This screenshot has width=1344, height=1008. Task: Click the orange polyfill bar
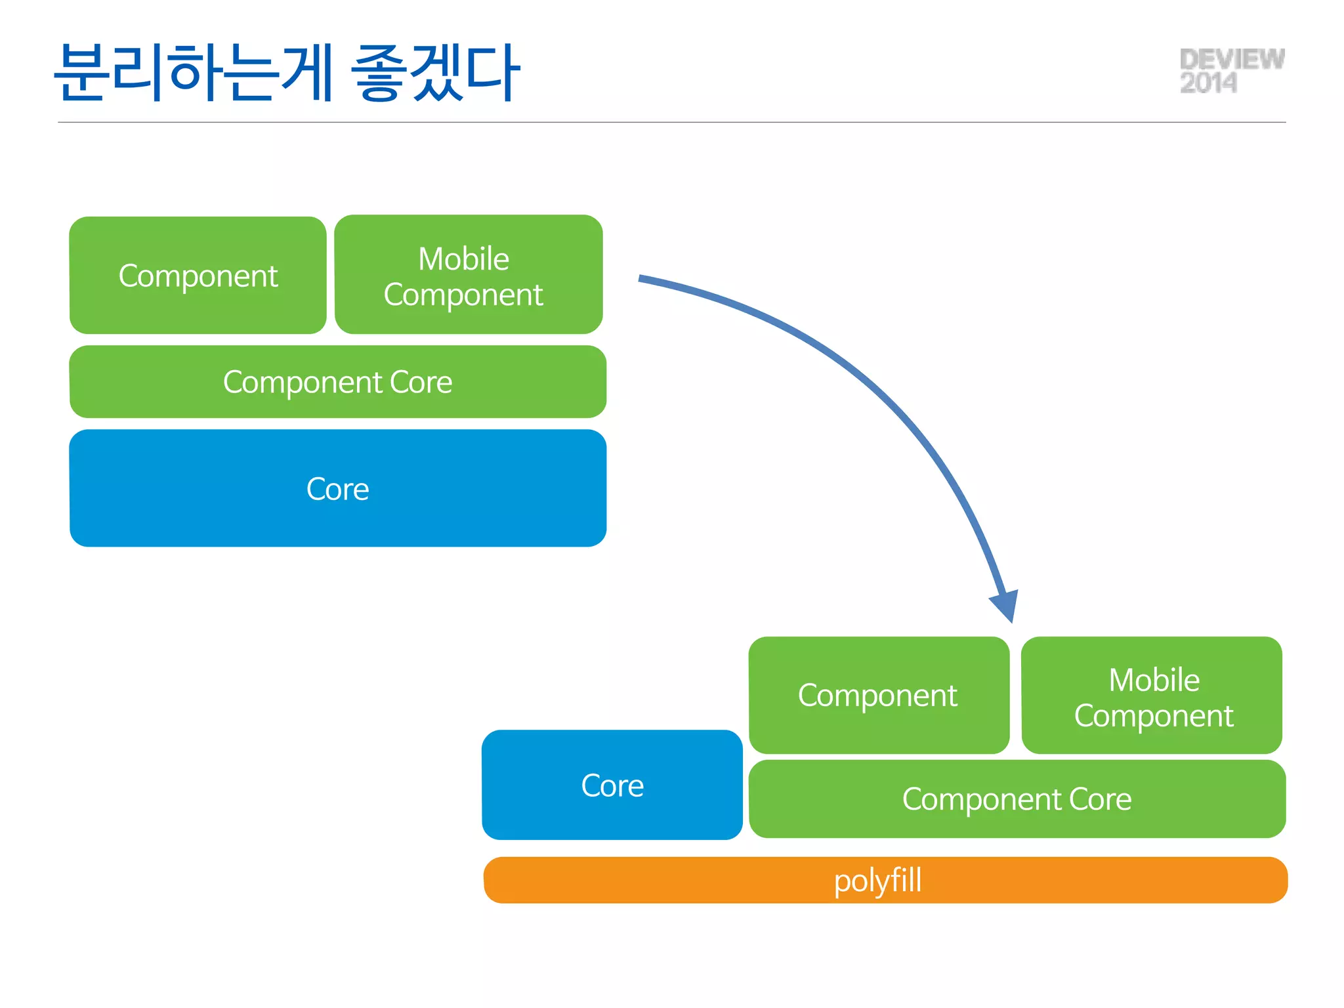[656, 880]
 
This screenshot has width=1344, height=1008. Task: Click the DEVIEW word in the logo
[1232, 60]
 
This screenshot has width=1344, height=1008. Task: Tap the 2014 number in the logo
[1208, 83]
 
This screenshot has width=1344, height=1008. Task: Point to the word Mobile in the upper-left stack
[464, 259]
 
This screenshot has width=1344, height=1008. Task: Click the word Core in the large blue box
[337, 490]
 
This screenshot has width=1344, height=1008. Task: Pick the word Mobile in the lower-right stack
[1154, 680]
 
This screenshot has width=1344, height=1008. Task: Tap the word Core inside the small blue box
[612, 786]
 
